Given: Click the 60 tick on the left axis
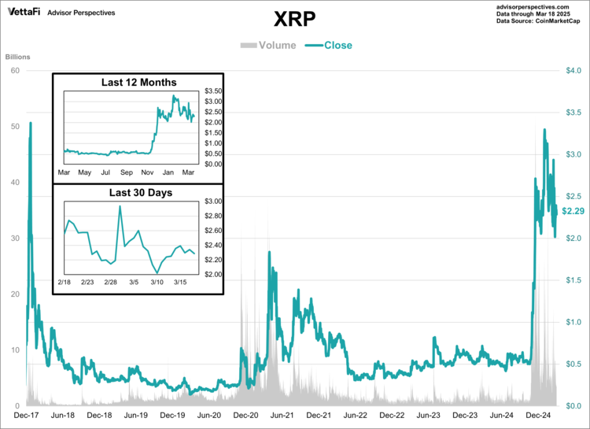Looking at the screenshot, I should click(x=14, y=71).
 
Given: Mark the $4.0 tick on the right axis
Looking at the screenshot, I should click(x=573, y=71).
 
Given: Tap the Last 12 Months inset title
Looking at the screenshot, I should click(x=139, y=82).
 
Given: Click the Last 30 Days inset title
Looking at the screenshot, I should click(x=139, y=192).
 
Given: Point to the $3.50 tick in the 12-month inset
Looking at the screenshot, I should click(x=214, y=91).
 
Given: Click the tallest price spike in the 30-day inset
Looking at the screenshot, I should click(x=120, y=206).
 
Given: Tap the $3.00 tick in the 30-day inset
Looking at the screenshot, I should click(x=214, y=202).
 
